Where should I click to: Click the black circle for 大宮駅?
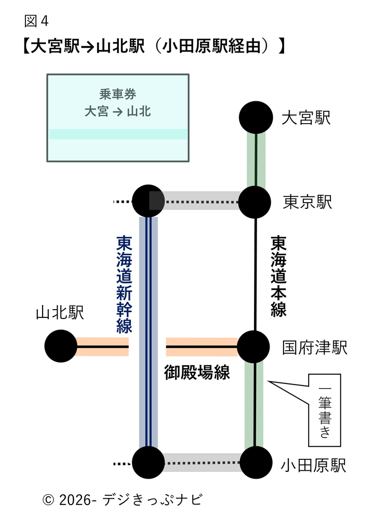[256, 118]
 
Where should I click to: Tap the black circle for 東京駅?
[255, 201]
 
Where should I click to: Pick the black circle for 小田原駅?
[256, 462]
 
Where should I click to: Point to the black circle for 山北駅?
[61, 346]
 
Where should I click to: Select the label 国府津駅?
[315, 348]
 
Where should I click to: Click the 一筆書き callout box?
[324, 410]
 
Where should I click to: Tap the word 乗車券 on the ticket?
[117, 95]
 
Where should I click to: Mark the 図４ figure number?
[36, 21]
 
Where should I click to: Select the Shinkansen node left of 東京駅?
[148, 201]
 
